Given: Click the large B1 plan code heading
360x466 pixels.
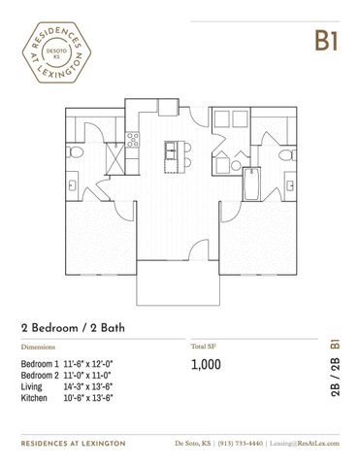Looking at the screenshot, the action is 327,41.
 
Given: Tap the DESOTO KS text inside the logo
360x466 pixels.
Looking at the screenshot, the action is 56,53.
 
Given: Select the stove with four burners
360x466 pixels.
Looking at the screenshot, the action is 133,139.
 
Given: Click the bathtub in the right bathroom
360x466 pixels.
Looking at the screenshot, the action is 251,183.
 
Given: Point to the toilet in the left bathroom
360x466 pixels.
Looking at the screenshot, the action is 75,151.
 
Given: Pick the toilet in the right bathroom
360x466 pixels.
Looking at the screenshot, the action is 287,155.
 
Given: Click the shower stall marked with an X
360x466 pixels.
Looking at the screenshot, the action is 115,158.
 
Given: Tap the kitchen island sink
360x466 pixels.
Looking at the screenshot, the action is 171,150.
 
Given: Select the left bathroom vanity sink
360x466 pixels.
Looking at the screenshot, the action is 72,185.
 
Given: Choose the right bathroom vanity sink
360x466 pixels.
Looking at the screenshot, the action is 290,185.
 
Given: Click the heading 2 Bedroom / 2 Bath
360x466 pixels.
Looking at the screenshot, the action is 73,328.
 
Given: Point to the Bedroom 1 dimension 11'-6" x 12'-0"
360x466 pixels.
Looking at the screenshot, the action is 88,364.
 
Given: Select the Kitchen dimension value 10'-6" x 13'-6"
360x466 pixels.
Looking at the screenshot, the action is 88,398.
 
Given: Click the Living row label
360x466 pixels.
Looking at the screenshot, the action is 31,386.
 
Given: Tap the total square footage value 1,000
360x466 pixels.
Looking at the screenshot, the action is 206,364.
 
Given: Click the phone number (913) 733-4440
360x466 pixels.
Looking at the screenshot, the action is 240,444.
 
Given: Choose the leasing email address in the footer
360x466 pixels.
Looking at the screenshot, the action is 305,444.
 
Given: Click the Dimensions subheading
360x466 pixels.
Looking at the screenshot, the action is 38,347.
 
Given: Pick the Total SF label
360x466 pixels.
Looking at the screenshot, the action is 204,347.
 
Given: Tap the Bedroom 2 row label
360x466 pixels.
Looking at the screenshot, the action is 40,376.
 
